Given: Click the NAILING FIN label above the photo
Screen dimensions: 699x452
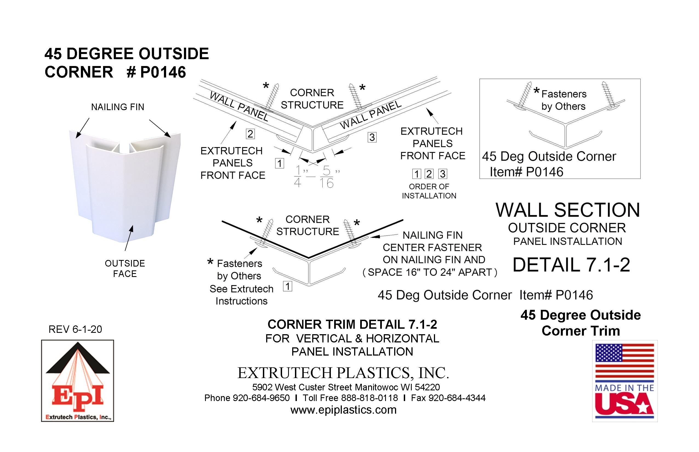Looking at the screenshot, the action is pyautogui.click(x=118, y=107).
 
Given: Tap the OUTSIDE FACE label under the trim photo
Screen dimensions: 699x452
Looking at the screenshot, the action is pyautogui.click(x=125, y=268).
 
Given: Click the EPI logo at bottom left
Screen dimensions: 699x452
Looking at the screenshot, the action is pyautogui.click(x=78, y=381).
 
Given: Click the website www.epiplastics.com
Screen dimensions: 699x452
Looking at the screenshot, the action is pyautogui.click(x=343, y=410).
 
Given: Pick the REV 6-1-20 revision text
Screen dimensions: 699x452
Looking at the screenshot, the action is pyautogui.click(x=75, y=329).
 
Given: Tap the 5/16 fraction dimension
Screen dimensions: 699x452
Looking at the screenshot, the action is pyautogui.click(x=326, y=177).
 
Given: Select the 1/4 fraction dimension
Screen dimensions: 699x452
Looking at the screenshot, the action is pyautogui.click(x=297, y=176).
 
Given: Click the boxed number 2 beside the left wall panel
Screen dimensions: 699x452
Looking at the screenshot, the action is pyautogui.click(x=250, y=134).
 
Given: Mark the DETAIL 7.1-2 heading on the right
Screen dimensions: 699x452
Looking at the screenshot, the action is pyautogui.click(x=571, y=265).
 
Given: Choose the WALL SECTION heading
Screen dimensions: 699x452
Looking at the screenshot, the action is pyautogui.click(x=567, y=210).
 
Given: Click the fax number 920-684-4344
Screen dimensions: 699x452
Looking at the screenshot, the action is pyautogui.click(x=457, y=398).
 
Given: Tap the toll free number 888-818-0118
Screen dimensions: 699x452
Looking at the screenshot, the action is pyautogui.click(x=369, y=398).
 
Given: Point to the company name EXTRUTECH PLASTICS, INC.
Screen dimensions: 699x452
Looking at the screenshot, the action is pyautogui.click(x=343, y=373).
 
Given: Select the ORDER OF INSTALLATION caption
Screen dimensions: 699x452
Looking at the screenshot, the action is pyautogui.click(x=429, y=191).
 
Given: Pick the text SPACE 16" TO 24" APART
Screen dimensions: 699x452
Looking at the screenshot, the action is pyautogui.click(x=430, y=272).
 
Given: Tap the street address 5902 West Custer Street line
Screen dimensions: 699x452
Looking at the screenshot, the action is pyautogui.click(x=346, y=387).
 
